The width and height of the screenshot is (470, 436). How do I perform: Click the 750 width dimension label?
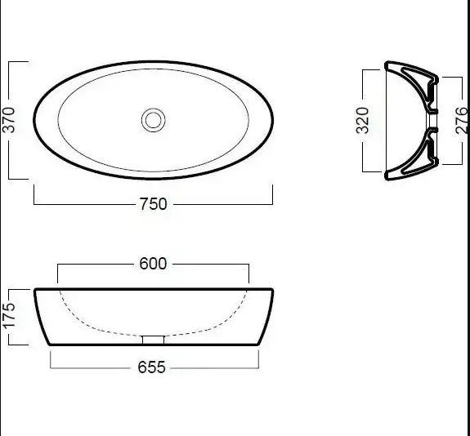153,204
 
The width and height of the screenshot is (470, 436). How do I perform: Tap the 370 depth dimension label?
8,120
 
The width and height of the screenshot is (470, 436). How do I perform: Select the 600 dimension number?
153,264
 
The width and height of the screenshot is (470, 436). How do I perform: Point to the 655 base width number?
151,367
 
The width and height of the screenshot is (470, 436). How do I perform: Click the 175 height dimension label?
9,316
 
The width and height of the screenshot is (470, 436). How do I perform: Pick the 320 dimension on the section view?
362,120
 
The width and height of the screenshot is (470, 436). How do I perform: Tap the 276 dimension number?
462,120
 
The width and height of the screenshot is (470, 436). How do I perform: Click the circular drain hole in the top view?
153,120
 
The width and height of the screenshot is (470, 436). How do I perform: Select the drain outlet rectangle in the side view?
153,340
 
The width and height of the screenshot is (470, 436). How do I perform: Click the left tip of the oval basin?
34,120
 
